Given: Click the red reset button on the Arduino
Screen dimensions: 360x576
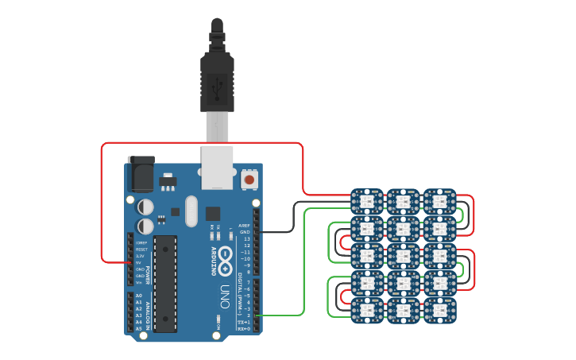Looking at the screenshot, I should [249, 180].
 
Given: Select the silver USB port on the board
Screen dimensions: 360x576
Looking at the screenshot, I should [217, 167].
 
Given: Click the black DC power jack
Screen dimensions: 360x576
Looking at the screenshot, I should [141, 174].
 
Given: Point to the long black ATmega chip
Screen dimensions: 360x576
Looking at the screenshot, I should [165, 282].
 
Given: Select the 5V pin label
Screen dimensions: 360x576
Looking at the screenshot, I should [140, 263].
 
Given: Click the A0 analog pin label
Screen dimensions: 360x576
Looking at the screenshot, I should [139, 296].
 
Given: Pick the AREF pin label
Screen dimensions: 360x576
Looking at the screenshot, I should [244, 225].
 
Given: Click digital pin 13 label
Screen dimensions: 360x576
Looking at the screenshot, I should [246, 238].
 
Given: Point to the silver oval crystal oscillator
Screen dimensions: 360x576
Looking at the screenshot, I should [191, 211].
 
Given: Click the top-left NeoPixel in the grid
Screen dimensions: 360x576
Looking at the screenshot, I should [367, 202].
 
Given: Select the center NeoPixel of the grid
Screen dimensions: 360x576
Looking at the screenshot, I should [404, 256].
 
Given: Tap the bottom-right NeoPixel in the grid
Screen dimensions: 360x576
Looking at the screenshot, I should [439, 310].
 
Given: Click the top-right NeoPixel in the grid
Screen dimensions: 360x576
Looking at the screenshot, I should [439, 202].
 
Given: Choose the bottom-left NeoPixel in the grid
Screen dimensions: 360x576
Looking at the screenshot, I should [367, 310].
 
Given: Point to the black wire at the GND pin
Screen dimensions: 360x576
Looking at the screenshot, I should [278, 231].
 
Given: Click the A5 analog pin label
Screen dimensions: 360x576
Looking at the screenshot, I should [139, 328].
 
